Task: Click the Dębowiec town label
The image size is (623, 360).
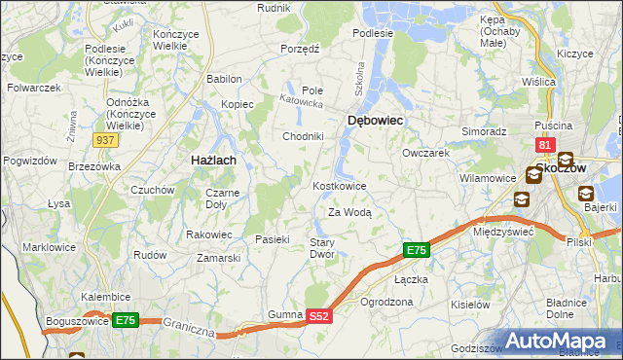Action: click(x=375, y=120)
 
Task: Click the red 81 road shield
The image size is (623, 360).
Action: click(x=544, y=146)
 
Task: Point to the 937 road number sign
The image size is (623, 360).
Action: click(x=106, y=140)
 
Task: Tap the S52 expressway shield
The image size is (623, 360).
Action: click(x=320, y=316)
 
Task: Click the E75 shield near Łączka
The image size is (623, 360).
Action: click(x=416, y=251)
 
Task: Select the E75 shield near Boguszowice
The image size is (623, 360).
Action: click(x=124, y=320)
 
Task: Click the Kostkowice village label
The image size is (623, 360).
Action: click(x=339, y=186)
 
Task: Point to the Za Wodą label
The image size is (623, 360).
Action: click(x=349, y=212)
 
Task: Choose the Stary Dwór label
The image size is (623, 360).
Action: click(x=322, y=248)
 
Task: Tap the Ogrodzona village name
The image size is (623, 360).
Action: click(x=386, y=303)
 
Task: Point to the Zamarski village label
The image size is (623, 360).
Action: click(x=218, y=258)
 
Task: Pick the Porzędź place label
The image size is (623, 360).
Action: click(x=300, y=48)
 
